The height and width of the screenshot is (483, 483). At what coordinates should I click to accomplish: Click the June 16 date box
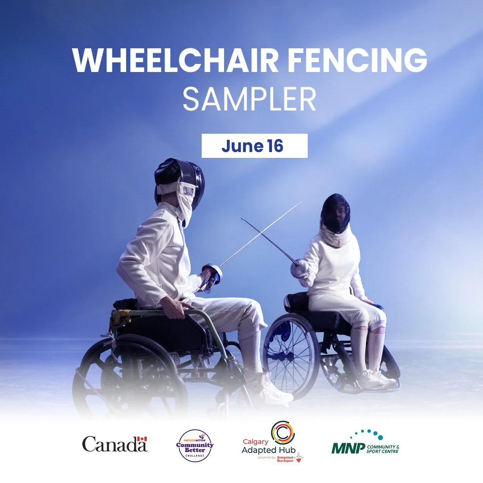254,146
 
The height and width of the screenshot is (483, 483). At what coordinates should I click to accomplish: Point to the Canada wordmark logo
114,444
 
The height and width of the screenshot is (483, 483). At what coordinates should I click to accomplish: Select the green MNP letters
347,448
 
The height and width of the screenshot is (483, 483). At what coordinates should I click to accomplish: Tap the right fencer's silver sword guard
298,269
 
